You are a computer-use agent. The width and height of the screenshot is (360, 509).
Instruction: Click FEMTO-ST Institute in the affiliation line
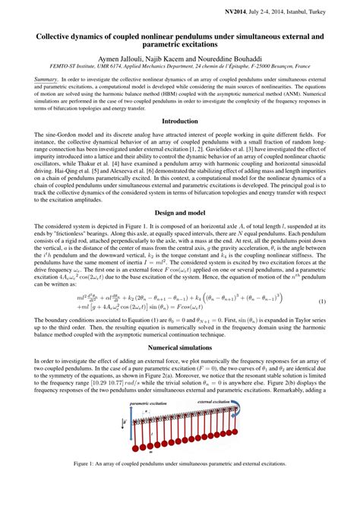(x=81, y=67)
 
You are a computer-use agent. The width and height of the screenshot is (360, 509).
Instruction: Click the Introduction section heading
(x=180, y=120)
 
